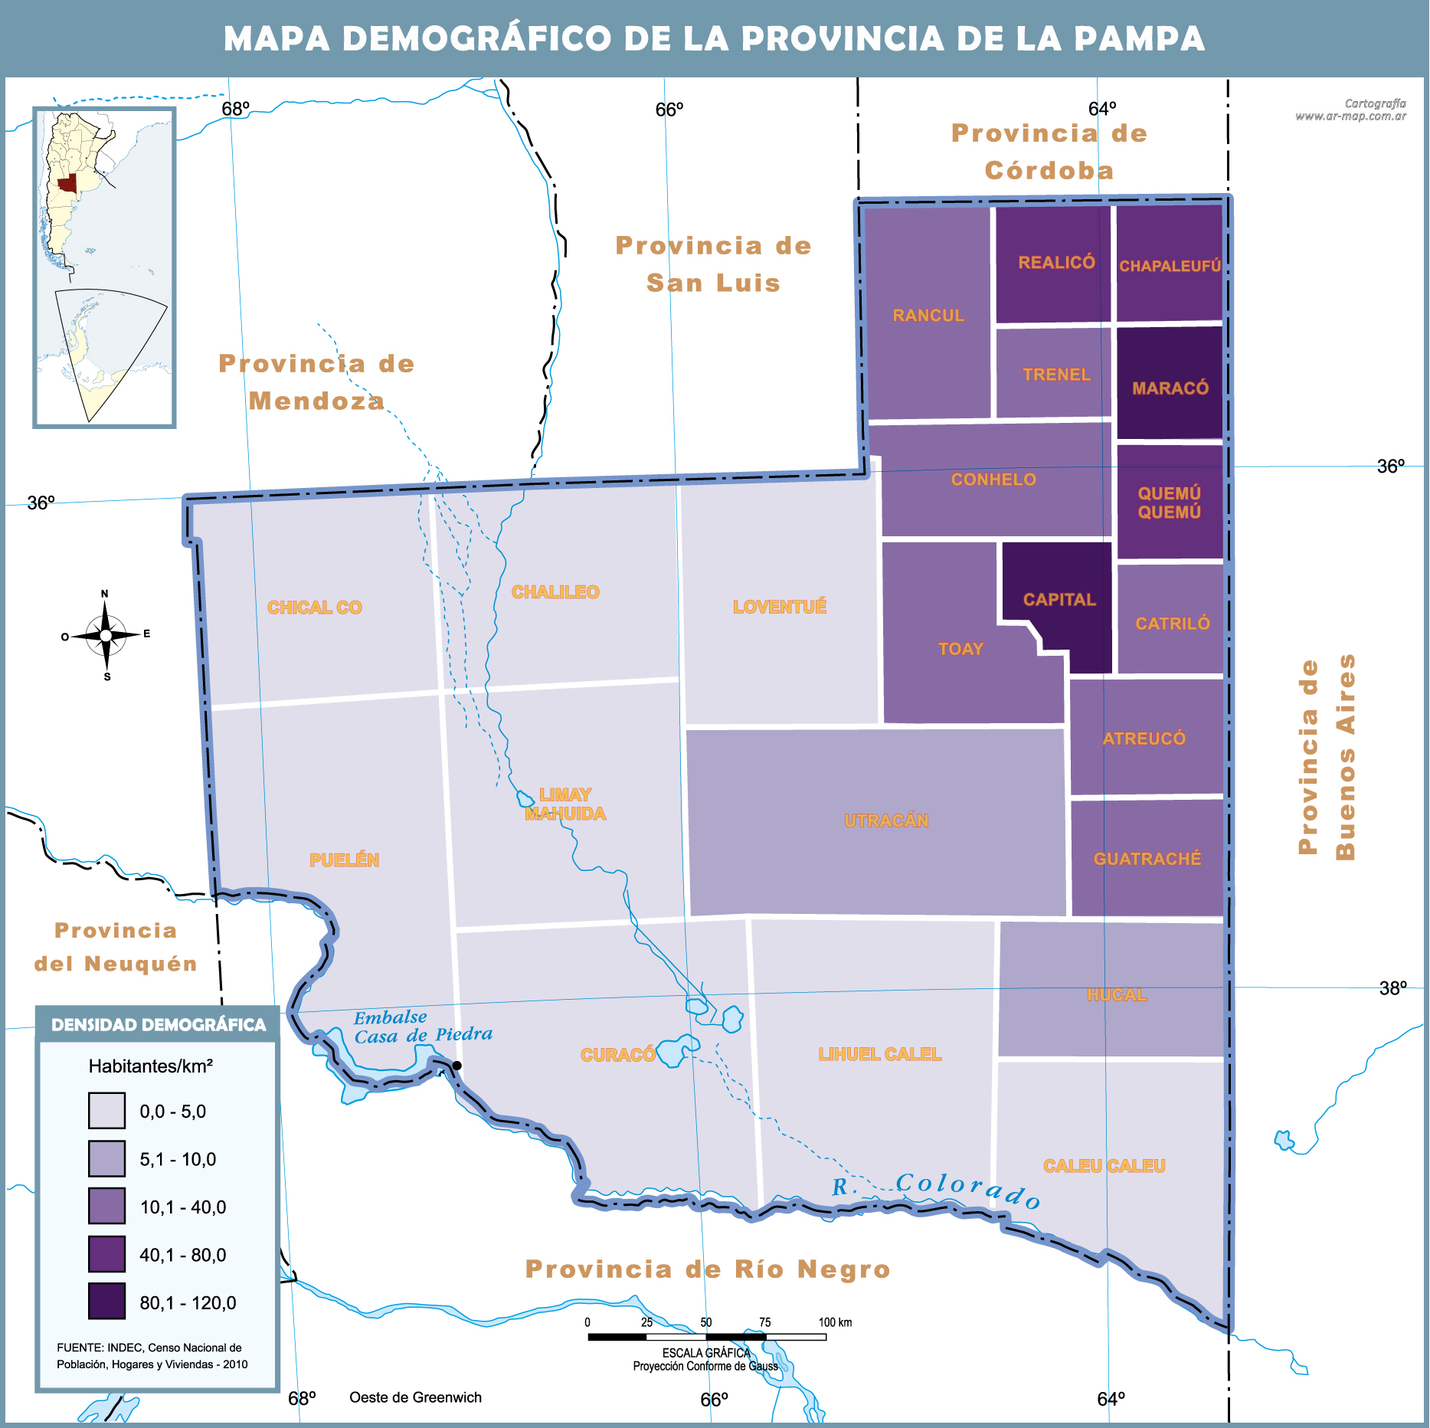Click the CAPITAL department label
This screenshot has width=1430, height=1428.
coord(1059,599)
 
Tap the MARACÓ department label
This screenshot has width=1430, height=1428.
coord(1170,388)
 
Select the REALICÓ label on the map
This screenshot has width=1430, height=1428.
coord(1056,262)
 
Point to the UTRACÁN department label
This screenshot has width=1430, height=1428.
coord(886,820)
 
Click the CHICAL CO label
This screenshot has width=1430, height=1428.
coord(314,608)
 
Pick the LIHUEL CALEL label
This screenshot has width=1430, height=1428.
coord(880,1054)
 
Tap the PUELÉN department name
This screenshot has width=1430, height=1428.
coord(344,860)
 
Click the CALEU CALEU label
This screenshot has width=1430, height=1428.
coord(1104,1166)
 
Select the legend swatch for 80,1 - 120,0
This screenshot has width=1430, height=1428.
coord(106,1301)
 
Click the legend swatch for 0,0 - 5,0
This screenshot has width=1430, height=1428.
coord(106,1111)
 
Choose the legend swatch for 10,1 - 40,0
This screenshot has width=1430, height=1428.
coord(106,1206)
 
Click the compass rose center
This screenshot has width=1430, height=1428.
coord(106,635)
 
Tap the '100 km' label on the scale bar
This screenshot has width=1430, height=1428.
coord(835,1322)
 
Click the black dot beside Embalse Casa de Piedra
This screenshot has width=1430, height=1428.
coord(457,1066)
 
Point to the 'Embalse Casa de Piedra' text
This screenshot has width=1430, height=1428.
coord(422,1027)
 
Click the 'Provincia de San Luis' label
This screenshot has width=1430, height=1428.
coord(713,264)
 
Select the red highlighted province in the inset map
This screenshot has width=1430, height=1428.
coord(67,183)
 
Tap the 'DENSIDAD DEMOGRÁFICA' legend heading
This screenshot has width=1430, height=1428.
coord(159,1025)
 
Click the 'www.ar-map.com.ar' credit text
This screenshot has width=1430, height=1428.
coord(1350,116)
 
